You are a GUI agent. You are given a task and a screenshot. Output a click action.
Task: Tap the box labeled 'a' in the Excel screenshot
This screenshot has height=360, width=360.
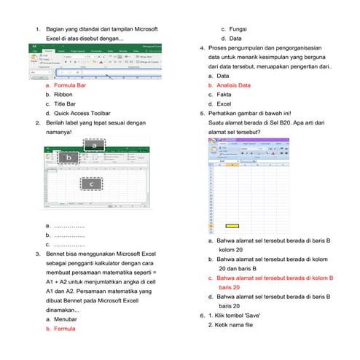point(94,146)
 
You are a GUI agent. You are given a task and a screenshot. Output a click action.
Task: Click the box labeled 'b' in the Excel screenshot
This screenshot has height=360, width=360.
point(69,157)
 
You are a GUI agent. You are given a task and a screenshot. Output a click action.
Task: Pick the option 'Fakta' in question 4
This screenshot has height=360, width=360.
point(224,95)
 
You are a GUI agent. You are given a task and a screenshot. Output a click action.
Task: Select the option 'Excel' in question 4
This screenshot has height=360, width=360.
point(224,104)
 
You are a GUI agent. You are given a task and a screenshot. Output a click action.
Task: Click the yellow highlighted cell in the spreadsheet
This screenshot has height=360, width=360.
point(232,227)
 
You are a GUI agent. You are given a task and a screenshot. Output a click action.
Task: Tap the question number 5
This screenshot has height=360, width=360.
point(202,114)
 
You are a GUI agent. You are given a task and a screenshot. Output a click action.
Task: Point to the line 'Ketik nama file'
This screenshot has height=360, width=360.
point(231,325)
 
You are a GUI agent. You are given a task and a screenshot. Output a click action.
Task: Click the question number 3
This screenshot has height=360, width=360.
point(38,254)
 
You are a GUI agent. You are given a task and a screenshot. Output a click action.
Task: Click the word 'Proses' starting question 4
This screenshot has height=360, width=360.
point(219,47)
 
